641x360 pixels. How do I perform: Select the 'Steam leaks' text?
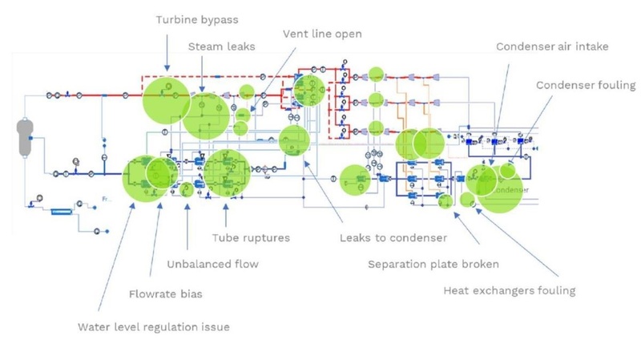[222, 47]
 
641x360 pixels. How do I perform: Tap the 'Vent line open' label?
[322, 34]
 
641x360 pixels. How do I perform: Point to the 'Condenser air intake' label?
[552, 47]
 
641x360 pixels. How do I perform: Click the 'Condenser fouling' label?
[586, 85]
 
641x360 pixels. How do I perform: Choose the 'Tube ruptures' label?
[250, 237]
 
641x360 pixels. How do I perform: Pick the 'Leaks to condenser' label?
[393, 237]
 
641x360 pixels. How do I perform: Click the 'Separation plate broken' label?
[433, 264]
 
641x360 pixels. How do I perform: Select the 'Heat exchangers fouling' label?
[509, 290]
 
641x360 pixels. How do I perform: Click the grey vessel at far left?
[26, 136]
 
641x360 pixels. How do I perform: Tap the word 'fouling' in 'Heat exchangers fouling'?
[554, 290]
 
